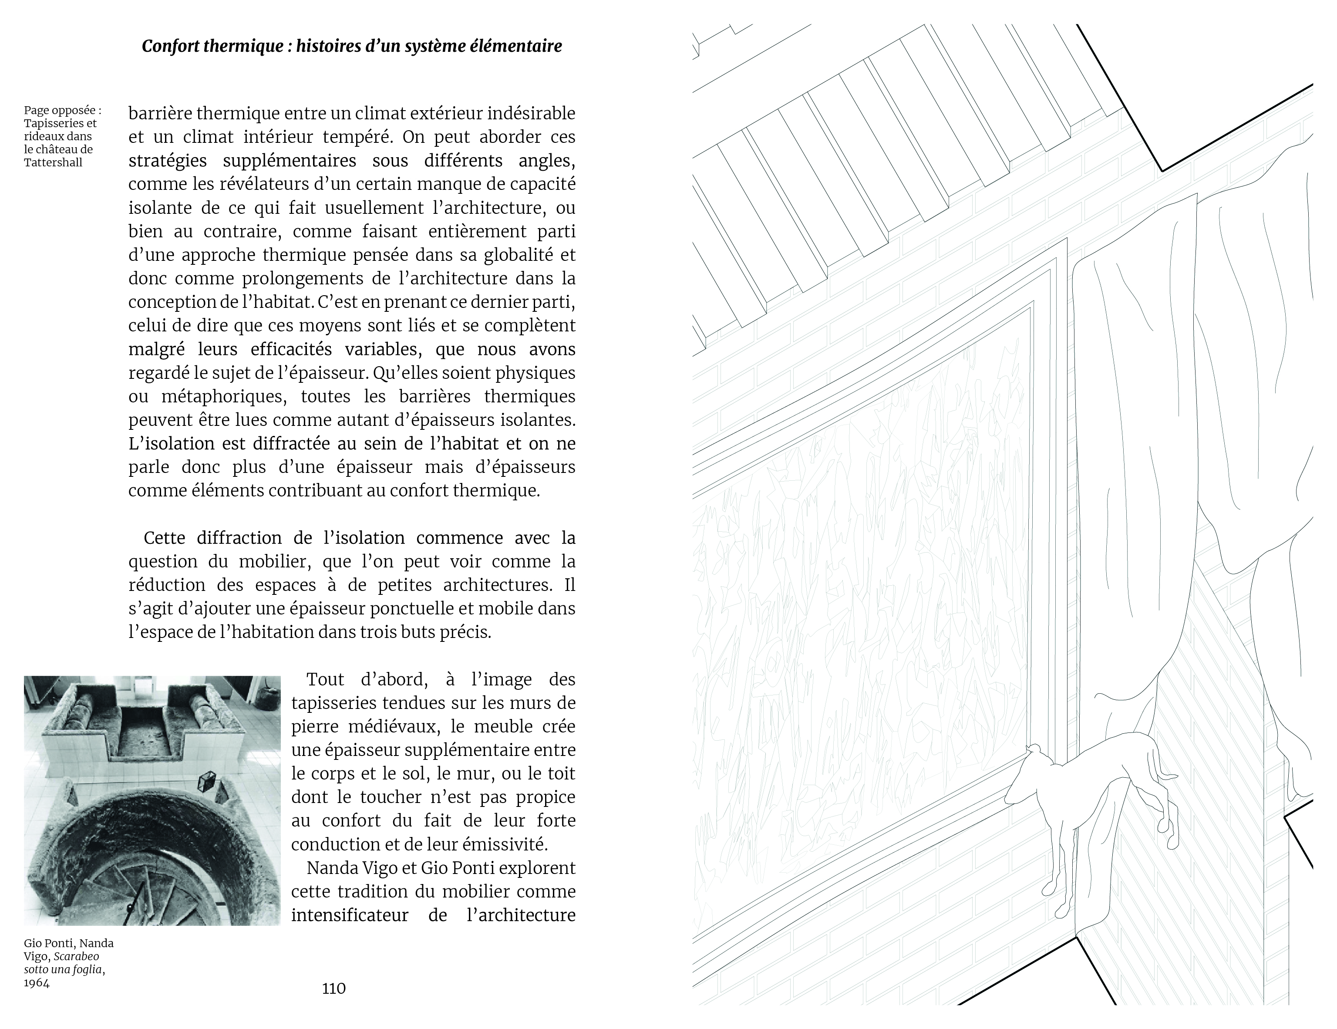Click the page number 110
pyautogui.click(x=333, y=988)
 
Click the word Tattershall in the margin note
pyautogui.click(x=53, y=162)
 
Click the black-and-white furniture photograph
pyautogui.click(x=152, y=800)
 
